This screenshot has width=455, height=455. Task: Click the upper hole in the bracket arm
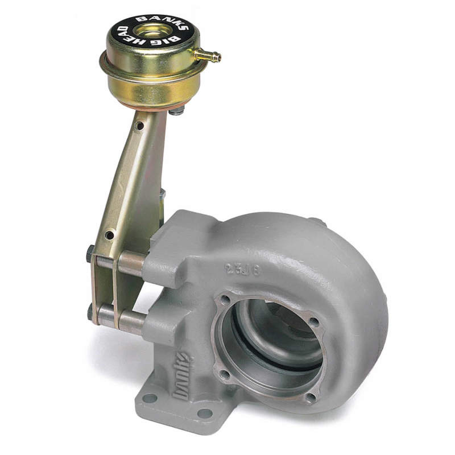(x=138, y=127)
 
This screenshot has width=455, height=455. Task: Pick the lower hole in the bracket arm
(x=109, y=234)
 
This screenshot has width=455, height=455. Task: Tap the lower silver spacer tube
(x=130, y=321)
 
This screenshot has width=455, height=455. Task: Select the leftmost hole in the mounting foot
(x=151, y=398)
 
